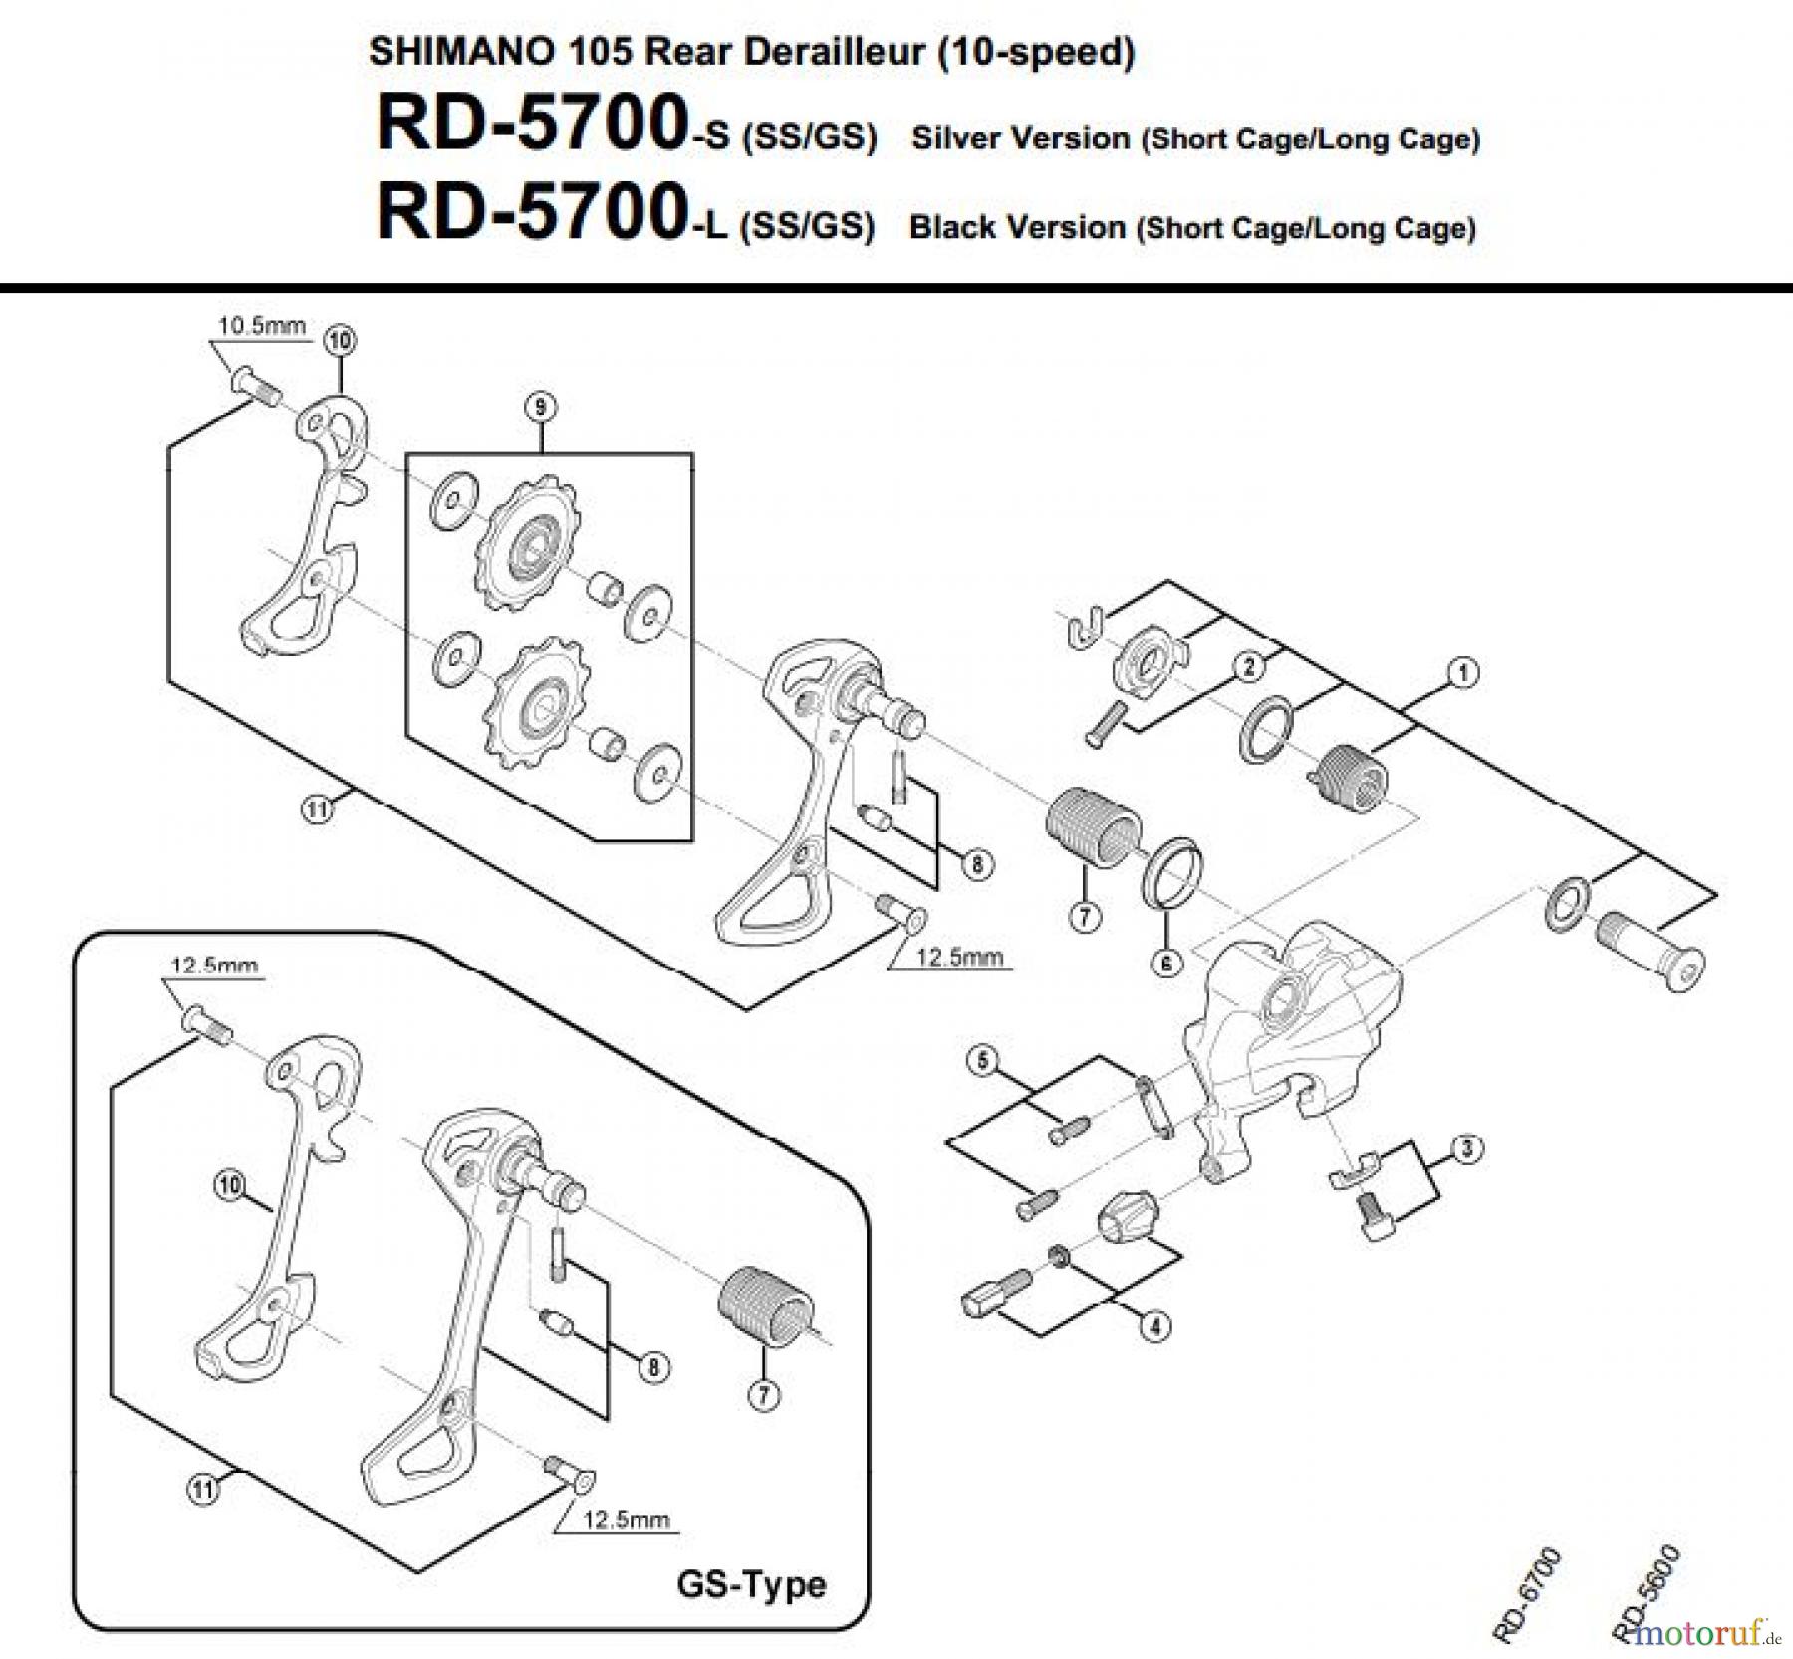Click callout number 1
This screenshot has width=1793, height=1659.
1462,673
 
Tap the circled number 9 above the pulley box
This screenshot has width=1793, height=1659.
540,407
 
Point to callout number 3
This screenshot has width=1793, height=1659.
1467,1149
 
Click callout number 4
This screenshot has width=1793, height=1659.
1155,1326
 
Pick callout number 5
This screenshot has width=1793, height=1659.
982,1061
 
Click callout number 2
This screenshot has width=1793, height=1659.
1249,667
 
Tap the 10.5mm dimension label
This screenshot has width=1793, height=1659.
262,326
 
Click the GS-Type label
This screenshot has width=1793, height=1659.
751,1583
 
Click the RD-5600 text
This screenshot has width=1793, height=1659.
1649,1594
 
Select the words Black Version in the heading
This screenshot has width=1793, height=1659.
1016,227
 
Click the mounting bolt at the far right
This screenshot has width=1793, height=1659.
1650,954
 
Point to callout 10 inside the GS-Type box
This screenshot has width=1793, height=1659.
230,1185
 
